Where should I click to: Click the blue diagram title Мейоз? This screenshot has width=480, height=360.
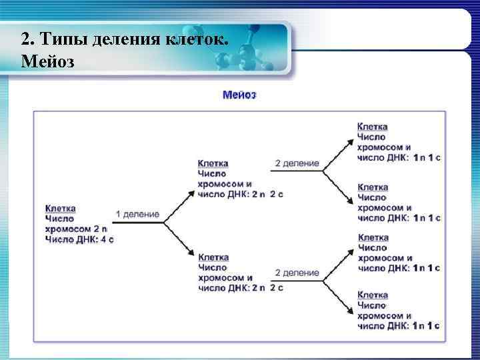click(x=239, y=95)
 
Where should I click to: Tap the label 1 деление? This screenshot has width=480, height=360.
click(x=137, y=214)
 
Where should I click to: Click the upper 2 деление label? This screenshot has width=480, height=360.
click(x=297, y=163)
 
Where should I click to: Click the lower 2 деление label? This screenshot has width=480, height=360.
click(x=297, y=273)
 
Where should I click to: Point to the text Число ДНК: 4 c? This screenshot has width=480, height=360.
click(x=79, y=239)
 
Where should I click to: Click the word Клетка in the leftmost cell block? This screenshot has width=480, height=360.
click(x=60, y=208)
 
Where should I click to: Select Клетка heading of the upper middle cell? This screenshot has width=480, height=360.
click(x=213, y=163)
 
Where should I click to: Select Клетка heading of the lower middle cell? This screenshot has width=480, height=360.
click(x=213, y=257)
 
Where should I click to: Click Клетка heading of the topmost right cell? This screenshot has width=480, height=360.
click(x=373, y=127)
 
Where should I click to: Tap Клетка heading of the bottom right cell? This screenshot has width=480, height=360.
click(x=373, y=295)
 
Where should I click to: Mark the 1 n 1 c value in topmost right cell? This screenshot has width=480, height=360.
click(x=426, y=157)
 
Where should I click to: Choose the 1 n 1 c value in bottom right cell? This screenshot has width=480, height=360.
click(x=426, y=325)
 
